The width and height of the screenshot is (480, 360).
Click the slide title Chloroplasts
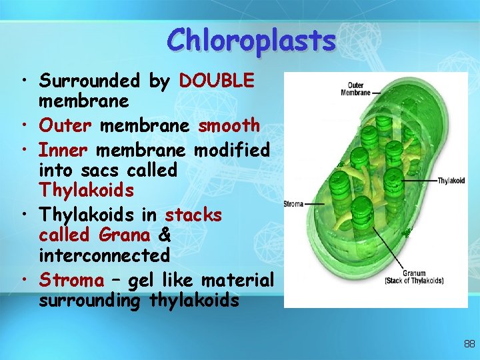pyautogui.click(x=252, y=41)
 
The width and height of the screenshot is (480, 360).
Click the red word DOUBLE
pyautogui.click(x=217, y=81)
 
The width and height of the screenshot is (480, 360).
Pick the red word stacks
pyautogui.click(x=193, y=215)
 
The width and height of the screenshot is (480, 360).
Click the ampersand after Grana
pyautogui.click(x=165, y=235)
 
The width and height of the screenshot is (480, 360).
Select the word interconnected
pyautogui.click(x=104, y=255)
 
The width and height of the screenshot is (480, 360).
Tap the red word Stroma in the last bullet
pyautogui.click(x=71, y=281)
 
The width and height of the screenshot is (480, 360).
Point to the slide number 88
pyautogui.click(x=469, y=344)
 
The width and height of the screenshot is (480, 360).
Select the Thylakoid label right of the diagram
pyautogui.click(x=451, y=181)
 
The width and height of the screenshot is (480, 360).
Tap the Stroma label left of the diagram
pyautogui.click(x=294, y=203)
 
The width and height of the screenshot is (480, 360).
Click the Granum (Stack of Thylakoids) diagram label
pyautogui.click(x=414, y=277)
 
